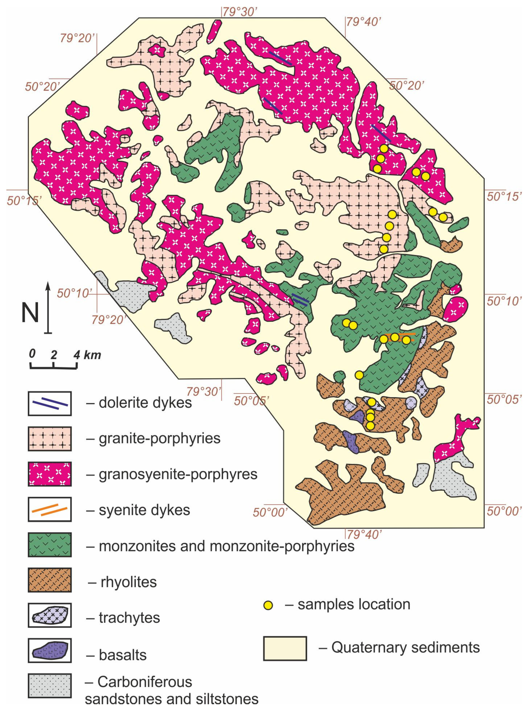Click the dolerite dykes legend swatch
50,403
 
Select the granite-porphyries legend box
50,439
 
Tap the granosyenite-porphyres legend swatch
50,474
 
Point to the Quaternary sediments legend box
285,648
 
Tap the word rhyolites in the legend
128,582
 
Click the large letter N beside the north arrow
30,313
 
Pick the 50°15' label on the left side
24,201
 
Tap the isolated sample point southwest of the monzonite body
359,375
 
